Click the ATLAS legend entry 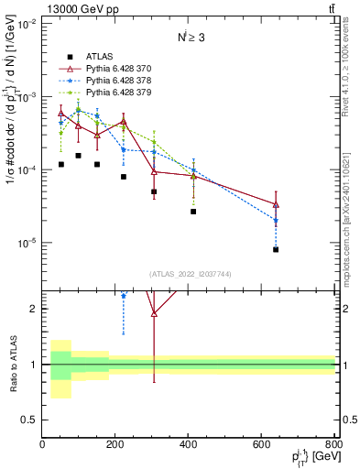click(x=99, y=56)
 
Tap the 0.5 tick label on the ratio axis click(x=29, y=420)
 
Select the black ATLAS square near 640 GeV click(x=276, y=249)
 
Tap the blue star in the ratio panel click(x=124, y=295)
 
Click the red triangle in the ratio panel click(x=154, y=313)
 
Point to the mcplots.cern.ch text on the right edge click(x=352, y=211)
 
